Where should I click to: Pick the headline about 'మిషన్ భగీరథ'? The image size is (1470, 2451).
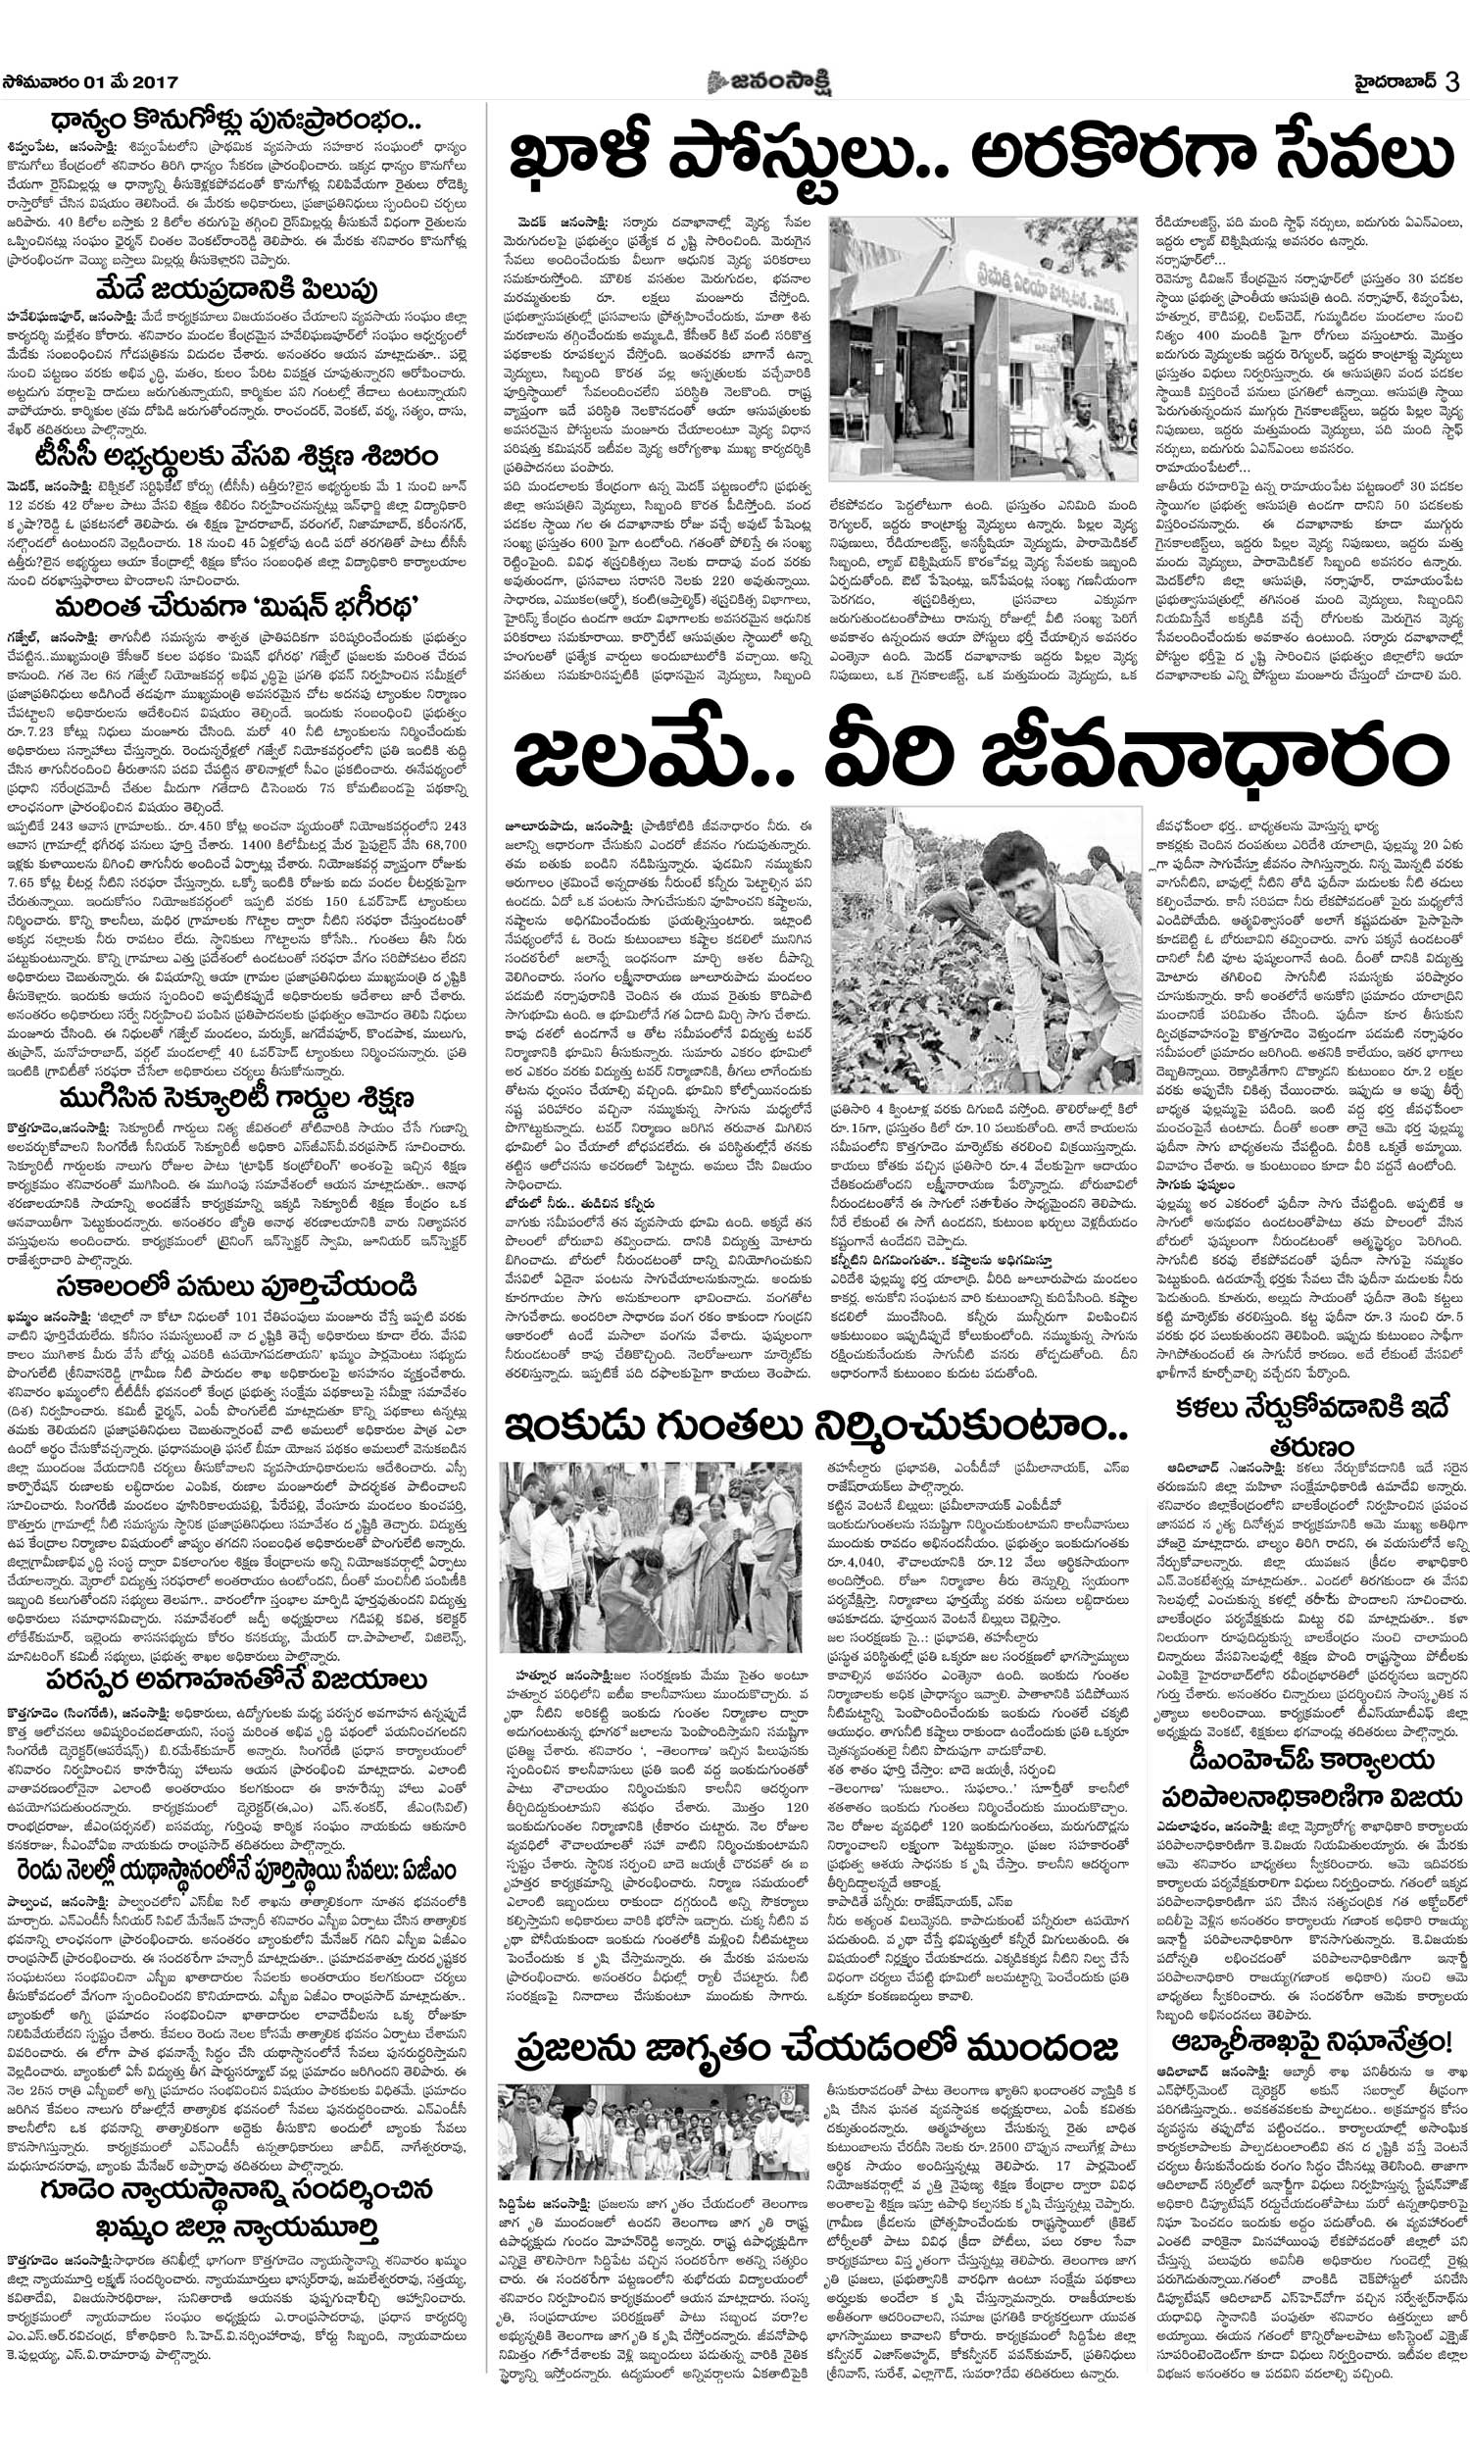(x=238, y=603)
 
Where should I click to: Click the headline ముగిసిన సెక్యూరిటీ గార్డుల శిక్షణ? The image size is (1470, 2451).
(x=238, y=1098)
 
